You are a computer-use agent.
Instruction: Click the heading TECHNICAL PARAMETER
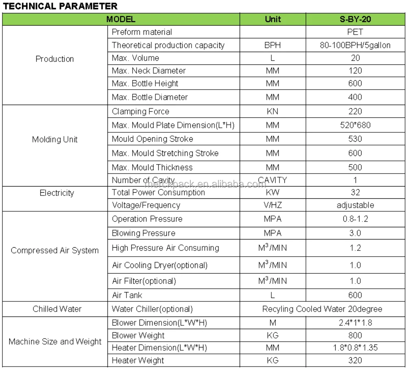click(x=60, y=6)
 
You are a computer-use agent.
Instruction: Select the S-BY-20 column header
click(x=355, y=19)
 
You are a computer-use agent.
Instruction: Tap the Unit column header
click(x=273, y=19)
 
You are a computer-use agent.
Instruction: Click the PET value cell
click(x=355, y=32)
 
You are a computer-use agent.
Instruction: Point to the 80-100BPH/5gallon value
click(x=355, y=45)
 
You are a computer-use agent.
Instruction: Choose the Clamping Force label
click(x=140, y=111)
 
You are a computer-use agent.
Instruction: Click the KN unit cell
click(x=273, y=111)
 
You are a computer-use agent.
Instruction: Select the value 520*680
click(x=355, y=125)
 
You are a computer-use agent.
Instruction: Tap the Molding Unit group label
click(x=55, y=139)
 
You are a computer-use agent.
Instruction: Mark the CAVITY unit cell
click(x=273, y=180)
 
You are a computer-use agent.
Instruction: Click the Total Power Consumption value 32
click(x=355, y=192)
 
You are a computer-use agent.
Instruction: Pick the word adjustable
click(x=355, y=205)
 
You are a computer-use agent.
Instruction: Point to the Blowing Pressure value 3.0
click(x=355, y=233)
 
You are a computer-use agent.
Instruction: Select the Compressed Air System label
click(x=55, y=250)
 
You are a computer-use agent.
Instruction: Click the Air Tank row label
click(x=127, y=295)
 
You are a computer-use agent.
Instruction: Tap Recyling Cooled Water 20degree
click(x=322, y=309)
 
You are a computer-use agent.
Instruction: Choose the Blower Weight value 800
click(x=355, y=336)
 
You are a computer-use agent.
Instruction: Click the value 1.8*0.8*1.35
click(x=355, y=348)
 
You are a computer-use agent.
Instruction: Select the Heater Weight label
click(x=138, y=360)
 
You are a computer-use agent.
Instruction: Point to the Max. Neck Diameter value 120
click(x=355, y=71)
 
